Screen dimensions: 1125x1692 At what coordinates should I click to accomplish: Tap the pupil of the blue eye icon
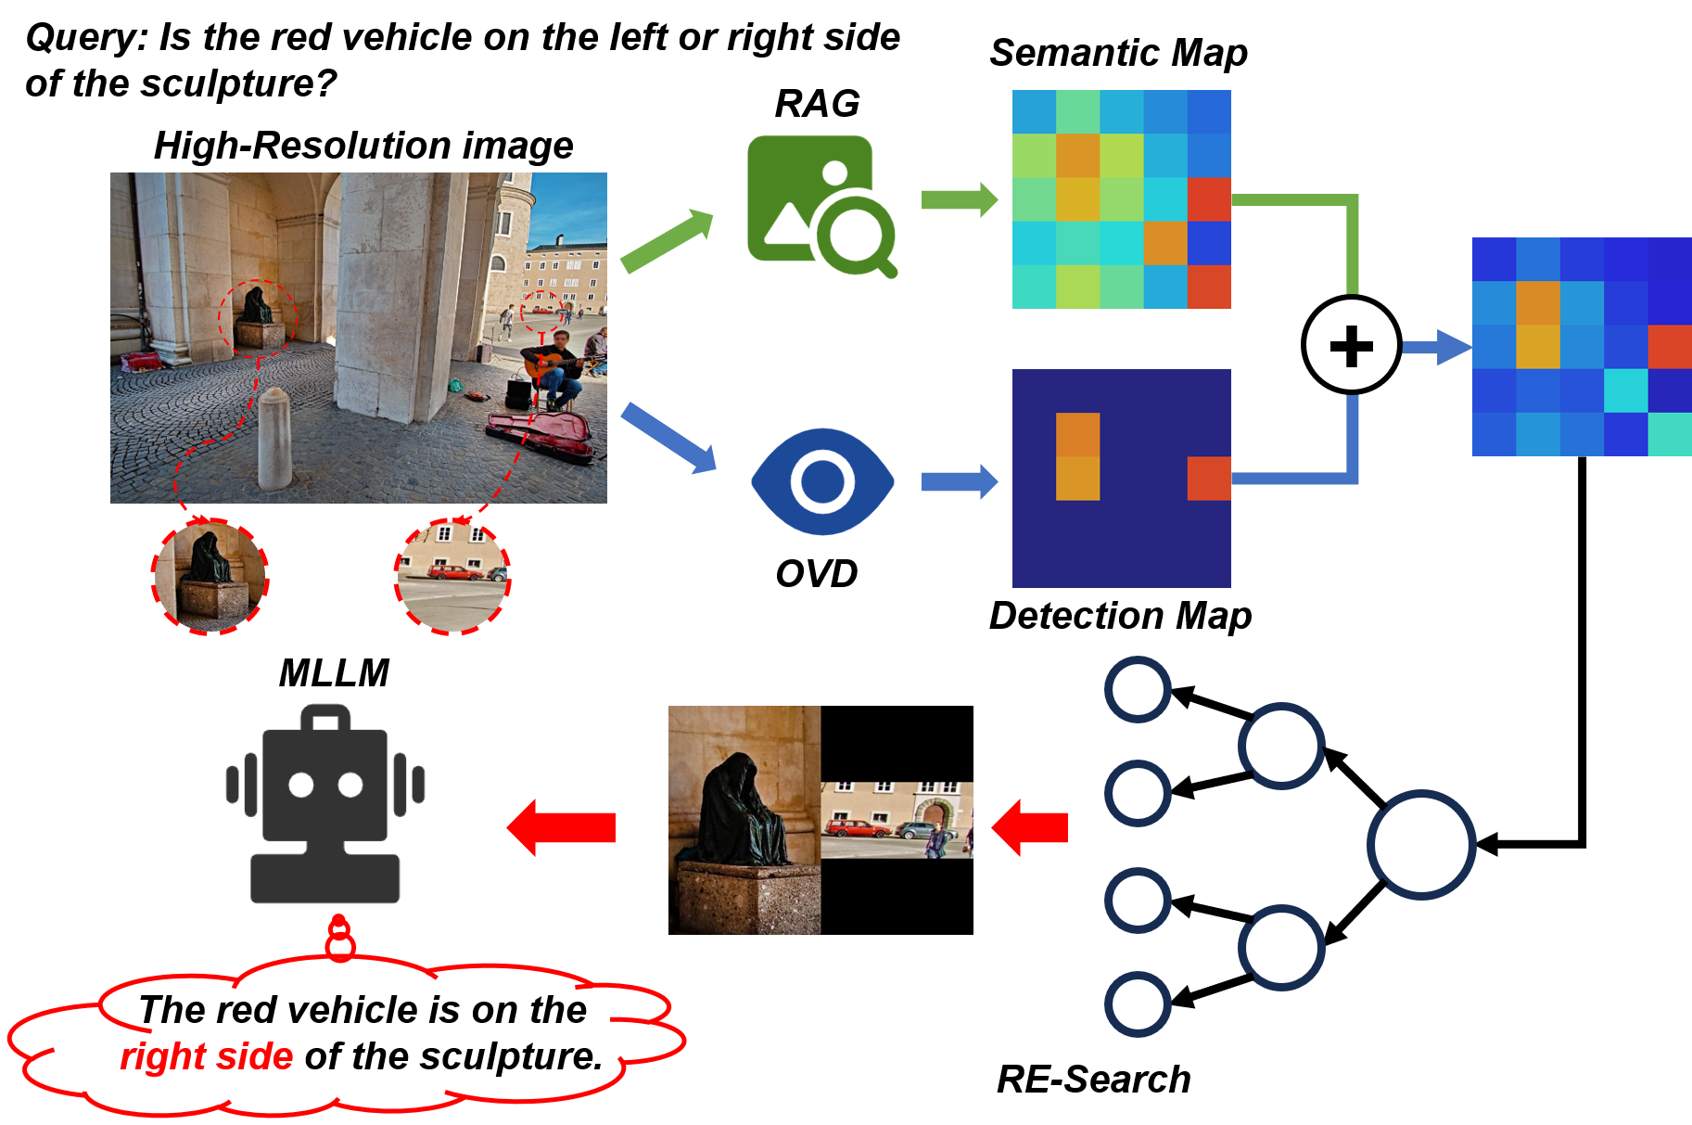[821, 481]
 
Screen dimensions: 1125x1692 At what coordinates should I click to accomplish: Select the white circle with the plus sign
[1351, 345]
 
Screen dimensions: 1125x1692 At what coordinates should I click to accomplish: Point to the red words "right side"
[206, 1056]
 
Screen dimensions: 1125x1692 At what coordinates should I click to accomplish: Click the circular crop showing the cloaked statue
[211, 576]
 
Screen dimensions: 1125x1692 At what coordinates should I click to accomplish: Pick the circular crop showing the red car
[452, 576]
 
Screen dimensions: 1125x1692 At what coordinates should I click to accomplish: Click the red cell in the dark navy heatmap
[1209, 479]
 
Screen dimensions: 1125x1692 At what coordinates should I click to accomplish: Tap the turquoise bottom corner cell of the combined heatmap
[1670, 434]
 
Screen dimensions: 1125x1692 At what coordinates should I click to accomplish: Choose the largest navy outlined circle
[1421, 844]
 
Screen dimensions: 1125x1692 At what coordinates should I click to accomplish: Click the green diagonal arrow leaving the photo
[666, 240]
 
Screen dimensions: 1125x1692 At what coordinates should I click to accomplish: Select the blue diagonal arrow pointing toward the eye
[668, 438]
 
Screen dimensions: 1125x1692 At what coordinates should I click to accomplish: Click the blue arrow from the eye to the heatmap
[959, 481]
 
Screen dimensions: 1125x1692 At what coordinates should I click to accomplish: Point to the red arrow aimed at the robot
[562, 827]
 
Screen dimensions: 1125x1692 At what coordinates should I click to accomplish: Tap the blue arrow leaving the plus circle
[1436, 348]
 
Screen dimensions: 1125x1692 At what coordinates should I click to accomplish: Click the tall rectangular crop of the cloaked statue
[744, 820]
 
